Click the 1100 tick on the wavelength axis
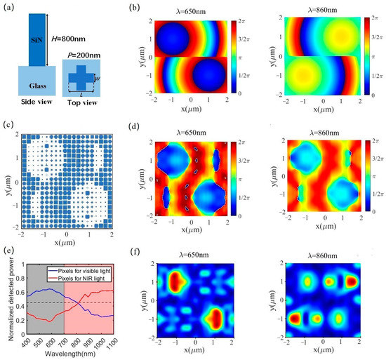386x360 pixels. coord(128,345)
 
